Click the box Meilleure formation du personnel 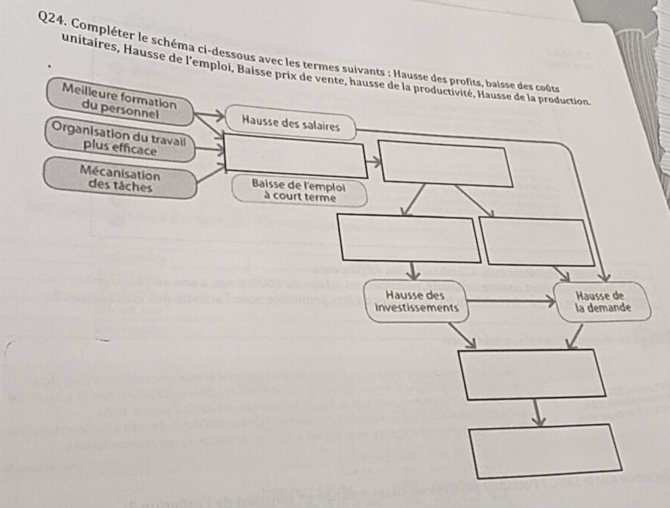pos(121,100)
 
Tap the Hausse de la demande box pos(604,300)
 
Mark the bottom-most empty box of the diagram pos(546,448)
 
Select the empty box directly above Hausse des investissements pos(408,238)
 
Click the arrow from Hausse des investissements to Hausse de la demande pos(510,303)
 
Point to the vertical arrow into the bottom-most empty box pos(537,413)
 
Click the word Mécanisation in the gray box pos(121,172)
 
